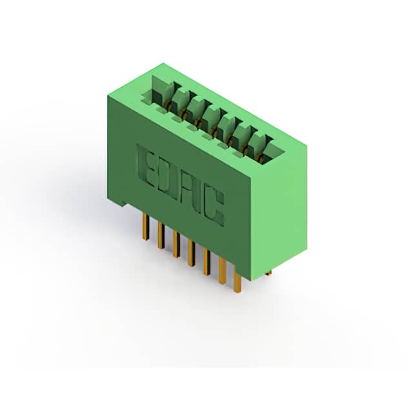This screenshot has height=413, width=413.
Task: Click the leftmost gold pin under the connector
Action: (145, 227)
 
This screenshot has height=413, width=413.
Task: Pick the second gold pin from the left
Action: (161, 235)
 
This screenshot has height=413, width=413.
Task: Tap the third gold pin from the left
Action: (176, 244)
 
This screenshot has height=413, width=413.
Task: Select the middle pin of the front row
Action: (192, 253)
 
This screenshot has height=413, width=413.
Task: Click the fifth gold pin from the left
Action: (206, 262)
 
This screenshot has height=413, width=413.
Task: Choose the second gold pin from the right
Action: (222, 271)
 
